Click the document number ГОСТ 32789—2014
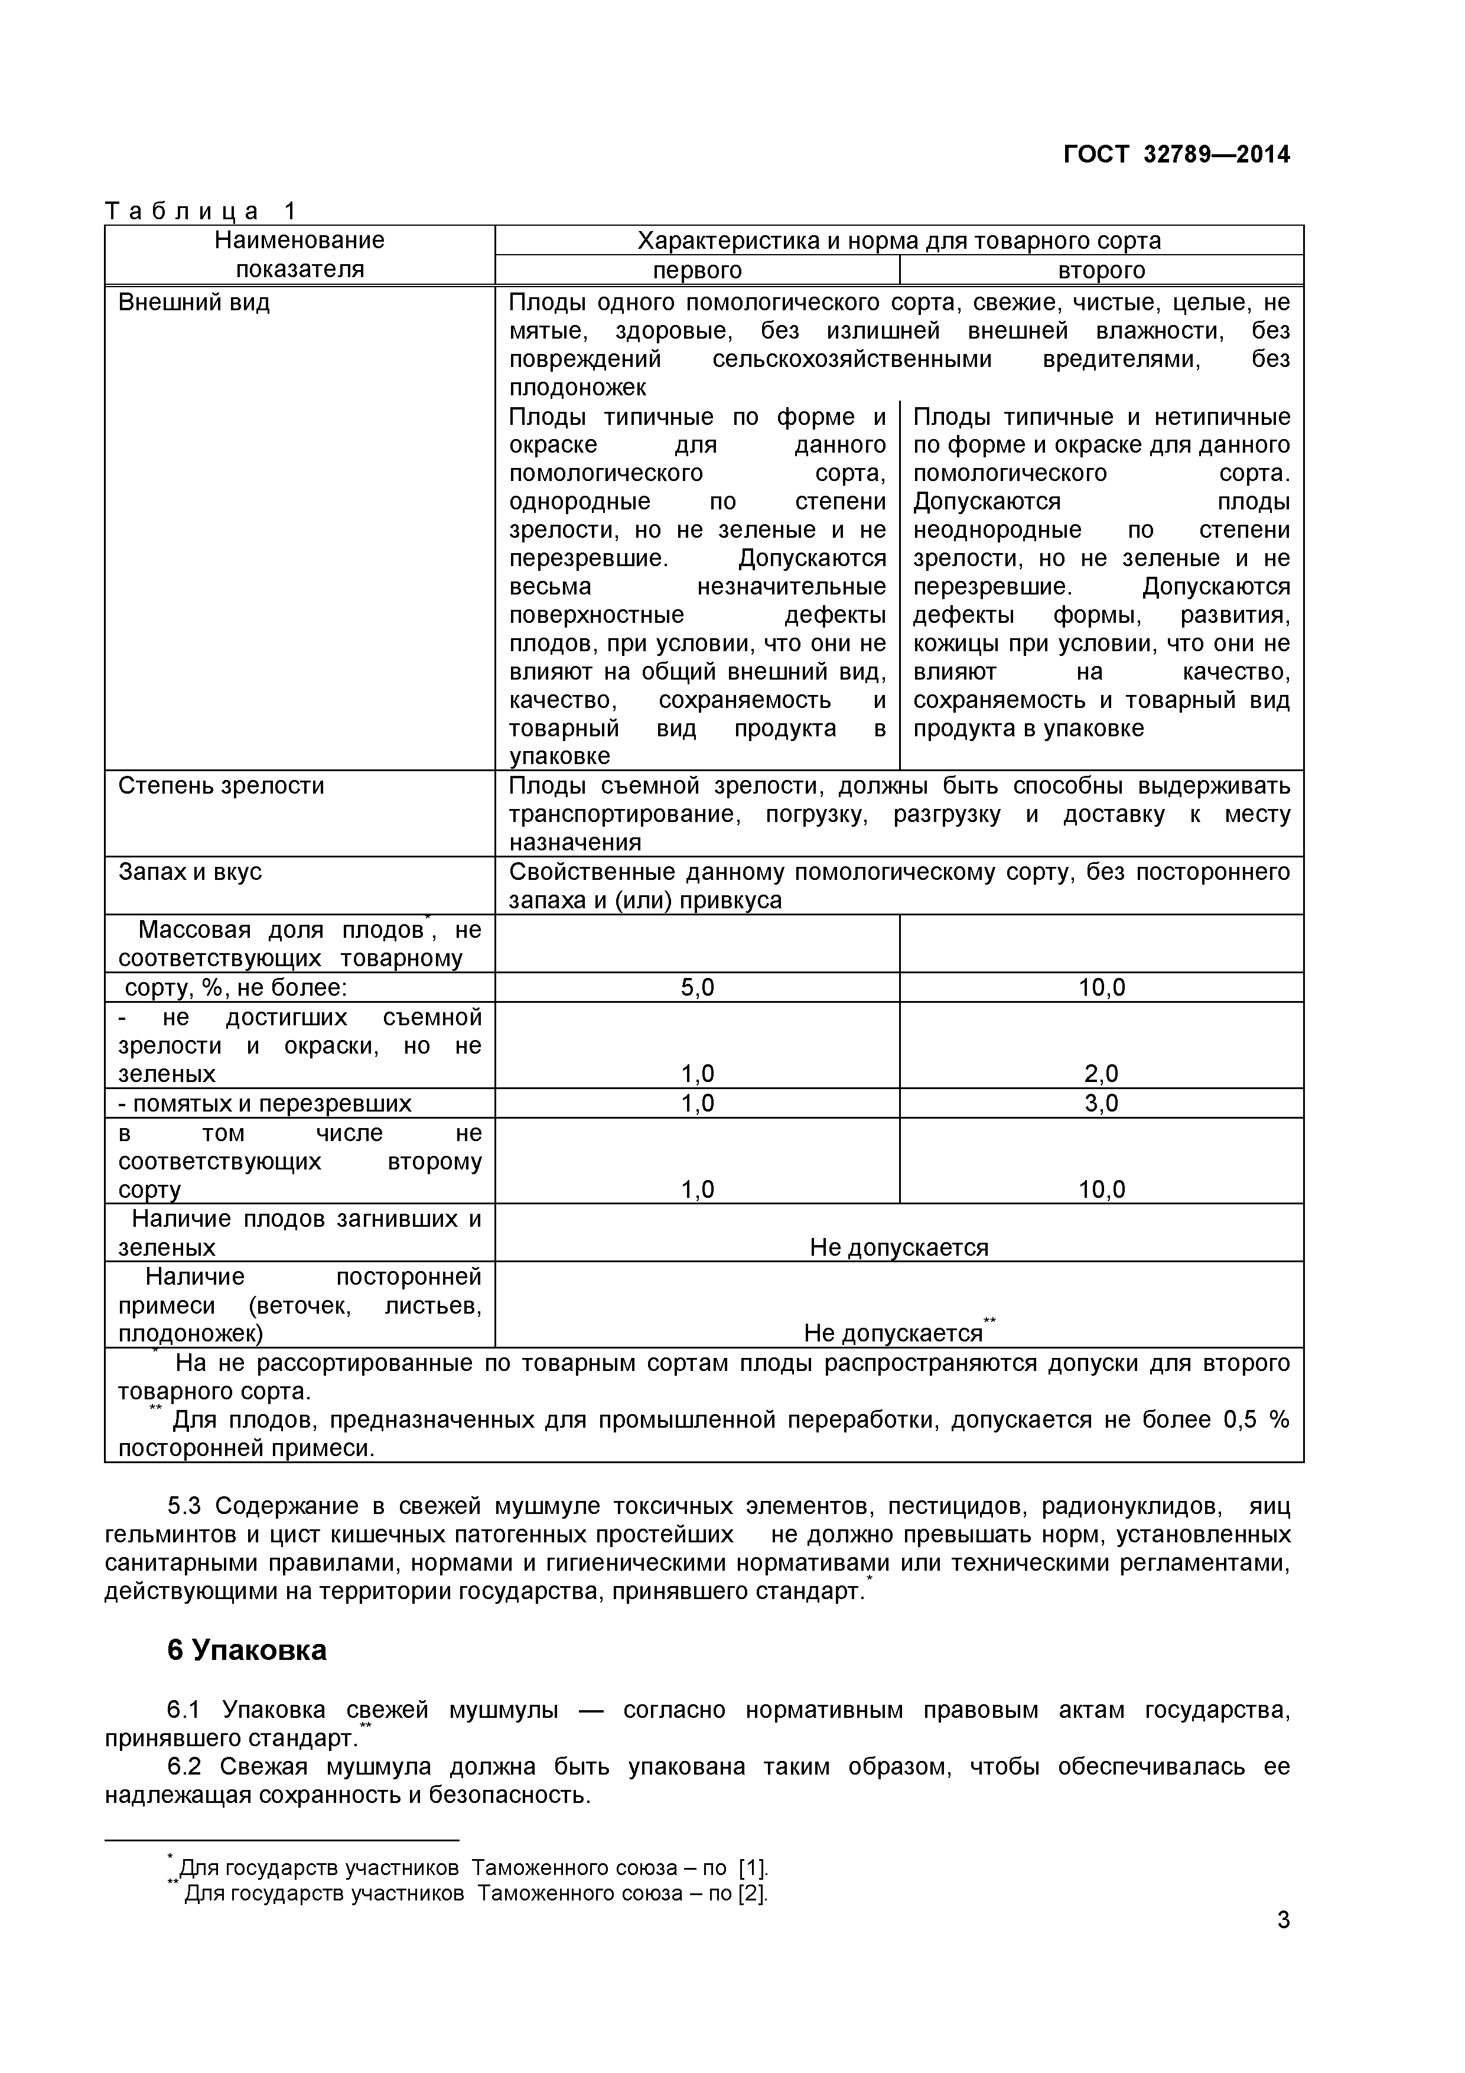(x=1176, y=154)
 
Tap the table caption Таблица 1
(x=200, y=212)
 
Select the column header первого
(x=697, y=270)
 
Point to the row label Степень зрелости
(x=221, y=785)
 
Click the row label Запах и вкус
(x=190, y=872)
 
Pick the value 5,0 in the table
(x=697, y=987)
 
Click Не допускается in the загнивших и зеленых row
(x=899, y=1248)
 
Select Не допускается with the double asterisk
(x=894, y=1334)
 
